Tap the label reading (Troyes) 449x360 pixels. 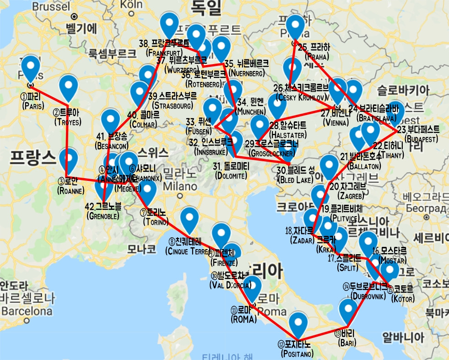click(x=67, y=122)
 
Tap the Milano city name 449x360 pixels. click(x=177, y=187)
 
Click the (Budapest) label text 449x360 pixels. click(x=421, y=138)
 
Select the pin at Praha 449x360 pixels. click(x=295, y=27)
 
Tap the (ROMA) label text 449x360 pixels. click(x=243, y=320)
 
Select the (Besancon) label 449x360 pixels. click(x=112, y=146)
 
